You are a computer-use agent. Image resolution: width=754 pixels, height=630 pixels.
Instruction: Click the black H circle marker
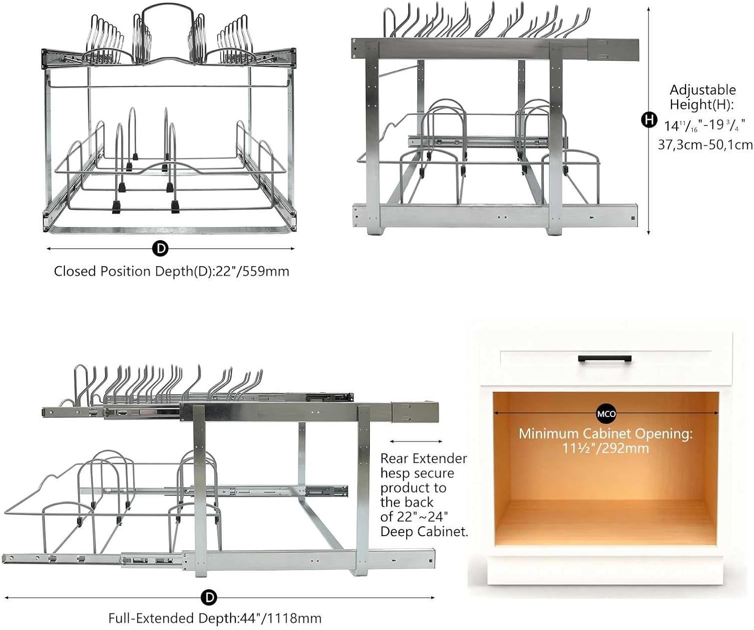pyautogui.click(x=649, y=120)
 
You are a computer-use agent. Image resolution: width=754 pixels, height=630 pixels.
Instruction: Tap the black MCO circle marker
pyautogui.click(x=606, y=414)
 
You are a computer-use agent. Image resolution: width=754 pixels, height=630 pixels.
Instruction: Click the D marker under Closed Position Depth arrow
pyautogui.click(x=160, y=248)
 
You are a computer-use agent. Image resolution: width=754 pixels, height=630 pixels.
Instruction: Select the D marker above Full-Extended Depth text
pyautogui.click(x=209, y=597)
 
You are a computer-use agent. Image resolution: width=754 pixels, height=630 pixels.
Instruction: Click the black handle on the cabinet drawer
pyautogui.click(x=605, y=358)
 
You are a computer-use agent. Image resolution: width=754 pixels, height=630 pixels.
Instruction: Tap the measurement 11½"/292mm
pyautogui.click(x=605, y=448)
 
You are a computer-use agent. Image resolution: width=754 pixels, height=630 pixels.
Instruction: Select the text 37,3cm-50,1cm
pyautogui.click(x=705, y=145)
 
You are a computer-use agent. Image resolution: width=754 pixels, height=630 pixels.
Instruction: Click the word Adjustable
pyautogui.click(x=702, y=90)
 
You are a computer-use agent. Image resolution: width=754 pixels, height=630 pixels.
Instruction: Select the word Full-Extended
pyautogui.click(x=151, y=618)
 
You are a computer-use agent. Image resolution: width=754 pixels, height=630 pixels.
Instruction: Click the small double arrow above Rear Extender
pyautogui.click(x=416, y=441)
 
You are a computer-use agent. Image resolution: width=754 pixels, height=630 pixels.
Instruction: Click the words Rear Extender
pyautogui.click(x=423, y=458)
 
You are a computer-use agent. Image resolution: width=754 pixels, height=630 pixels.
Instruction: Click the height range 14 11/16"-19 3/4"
pyautogui.click(x=704, y=125)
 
